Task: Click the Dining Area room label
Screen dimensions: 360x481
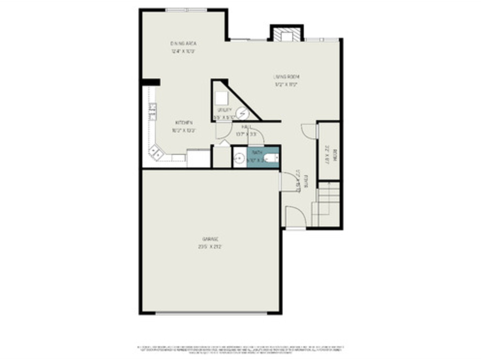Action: tap(183, 43)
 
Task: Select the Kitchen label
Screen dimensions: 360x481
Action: tap(184, 123)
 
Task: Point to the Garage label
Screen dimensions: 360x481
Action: tap(210, 239)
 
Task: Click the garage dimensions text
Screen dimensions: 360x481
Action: tap(210, 247)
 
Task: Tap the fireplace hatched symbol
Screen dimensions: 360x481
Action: tap(286, 35)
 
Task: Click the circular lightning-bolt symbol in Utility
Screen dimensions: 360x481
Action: tap(242, 114)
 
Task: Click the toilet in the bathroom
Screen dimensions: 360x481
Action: tap(272, 158)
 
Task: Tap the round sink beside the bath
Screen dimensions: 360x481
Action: tap(239, 158)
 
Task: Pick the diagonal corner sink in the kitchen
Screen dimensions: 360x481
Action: tap(155, 152)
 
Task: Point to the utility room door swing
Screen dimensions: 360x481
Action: tap(223, 131)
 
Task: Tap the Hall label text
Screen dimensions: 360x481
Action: tap(246, 127)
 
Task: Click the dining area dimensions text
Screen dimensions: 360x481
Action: tap(183, 51)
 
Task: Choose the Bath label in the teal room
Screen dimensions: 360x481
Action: tap(257, 152)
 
